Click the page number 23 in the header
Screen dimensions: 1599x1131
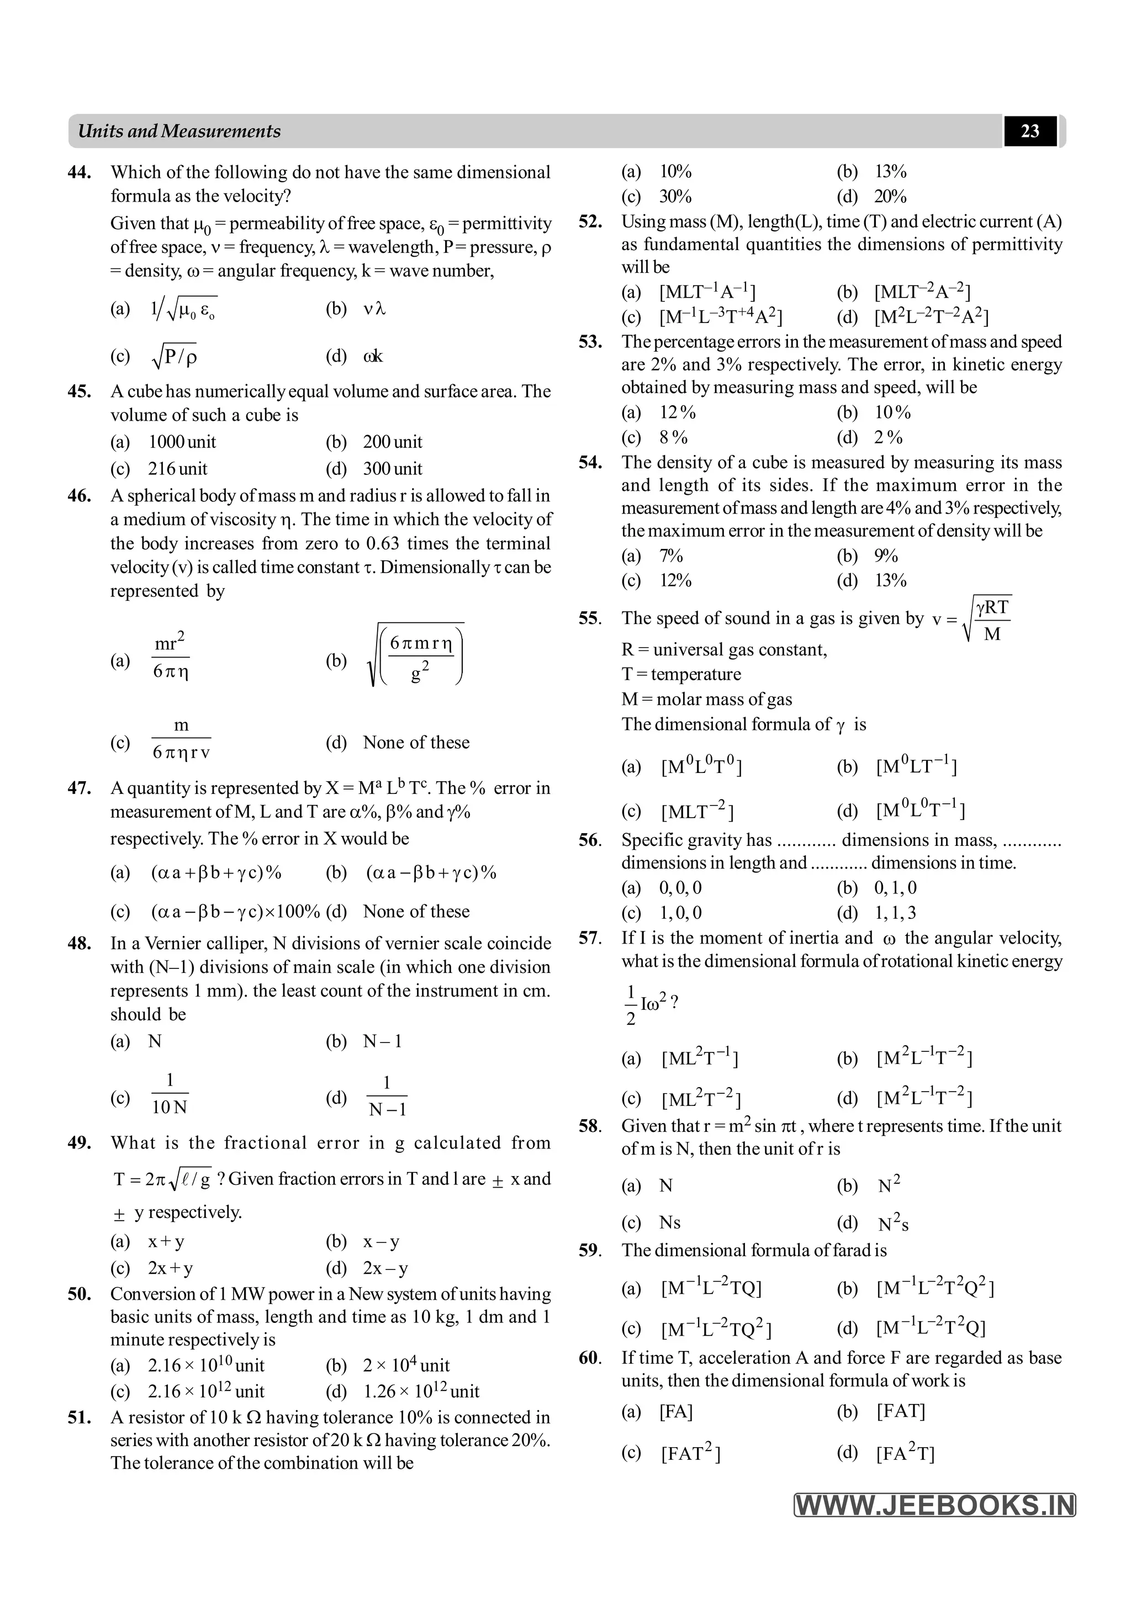1029,131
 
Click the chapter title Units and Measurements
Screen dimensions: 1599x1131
179,131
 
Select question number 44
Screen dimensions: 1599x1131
80,172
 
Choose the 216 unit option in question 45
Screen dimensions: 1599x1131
178,469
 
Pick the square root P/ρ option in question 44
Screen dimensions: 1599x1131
174,356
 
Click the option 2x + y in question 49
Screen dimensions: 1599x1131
170,1268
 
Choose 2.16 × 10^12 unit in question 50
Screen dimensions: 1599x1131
206,1391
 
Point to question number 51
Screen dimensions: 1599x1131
80,1417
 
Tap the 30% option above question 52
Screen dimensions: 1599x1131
675,197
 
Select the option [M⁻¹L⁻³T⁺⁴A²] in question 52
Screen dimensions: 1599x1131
721,317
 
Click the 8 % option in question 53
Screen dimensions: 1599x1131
673,437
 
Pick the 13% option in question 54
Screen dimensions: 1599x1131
891,580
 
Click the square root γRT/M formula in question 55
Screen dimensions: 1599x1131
987,618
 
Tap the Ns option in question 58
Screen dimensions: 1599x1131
670,1222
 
